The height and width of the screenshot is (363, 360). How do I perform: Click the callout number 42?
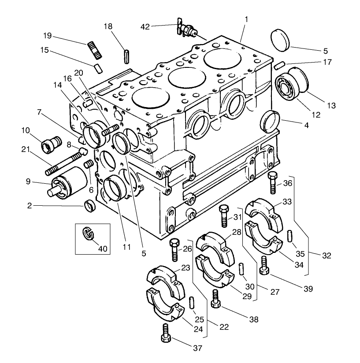[x=157, y=26]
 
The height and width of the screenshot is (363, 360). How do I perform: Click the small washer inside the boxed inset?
[x=89, y=234]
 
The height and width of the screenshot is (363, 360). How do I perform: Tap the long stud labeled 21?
[x=64, y=162]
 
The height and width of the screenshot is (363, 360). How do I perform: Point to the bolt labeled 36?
[x=272, y=182]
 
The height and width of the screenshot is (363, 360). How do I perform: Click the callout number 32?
[x=327, y=256]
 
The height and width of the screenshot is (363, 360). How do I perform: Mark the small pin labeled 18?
[x=126, y=57]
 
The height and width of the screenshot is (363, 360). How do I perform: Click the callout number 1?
[x=246, y=19]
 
